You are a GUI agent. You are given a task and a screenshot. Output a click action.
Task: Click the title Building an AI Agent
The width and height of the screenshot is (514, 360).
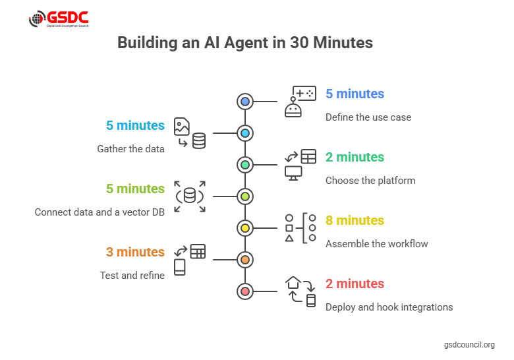pyautogui.click(x=245, y=43)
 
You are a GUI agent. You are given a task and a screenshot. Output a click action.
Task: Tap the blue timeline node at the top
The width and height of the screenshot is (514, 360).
pyautogui.click(x=245, y=102)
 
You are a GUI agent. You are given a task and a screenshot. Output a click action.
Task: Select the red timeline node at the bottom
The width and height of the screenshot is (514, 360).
pyautogui.click(x=245, y=291)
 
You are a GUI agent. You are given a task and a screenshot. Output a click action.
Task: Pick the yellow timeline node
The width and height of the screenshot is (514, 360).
pyautogui.click(x=245, y=228)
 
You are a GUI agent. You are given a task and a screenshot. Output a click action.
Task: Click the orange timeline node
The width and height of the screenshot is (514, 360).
pyautogui.click(x=245, y=260)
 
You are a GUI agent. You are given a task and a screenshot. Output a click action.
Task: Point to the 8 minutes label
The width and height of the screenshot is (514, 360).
pyautogui.click(x=355, y=220)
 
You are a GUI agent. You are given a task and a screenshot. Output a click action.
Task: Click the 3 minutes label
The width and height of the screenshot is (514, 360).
pyautogui.click(x=135, y=252)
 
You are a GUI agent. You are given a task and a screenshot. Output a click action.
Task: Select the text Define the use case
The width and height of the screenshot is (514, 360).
pyautogui.click(x=368, y=117)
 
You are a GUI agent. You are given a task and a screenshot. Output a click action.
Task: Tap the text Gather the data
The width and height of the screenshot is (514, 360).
pyautogui.click(x=130, y=149)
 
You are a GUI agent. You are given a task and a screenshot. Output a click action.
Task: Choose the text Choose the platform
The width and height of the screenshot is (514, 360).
pyautogui.click(x=370, y=181)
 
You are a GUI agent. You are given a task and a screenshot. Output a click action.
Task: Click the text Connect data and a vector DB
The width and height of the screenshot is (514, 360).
pyautogui.click(x=100, y=212)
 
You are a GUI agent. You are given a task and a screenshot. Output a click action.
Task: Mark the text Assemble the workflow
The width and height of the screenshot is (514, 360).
pyautogui.click(x=376, y=244)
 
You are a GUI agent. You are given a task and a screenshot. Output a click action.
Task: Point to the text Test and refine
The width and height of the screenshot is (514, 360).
pyautogui.click(x=132, y=276)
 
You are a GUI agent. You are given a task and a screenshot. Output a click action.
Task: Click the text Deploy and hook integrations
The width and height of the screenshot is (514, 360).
pyautogui.click(x=389, y=307)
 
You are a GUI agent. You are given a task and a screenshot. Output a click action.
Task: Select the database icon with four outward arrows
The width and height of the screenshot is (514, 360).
pyautogui.click(x=190, y=196)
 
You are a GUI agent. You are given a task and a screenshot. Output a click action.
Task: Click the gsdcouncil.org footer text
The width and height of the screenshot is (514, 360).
pyautogui.click(x=469, y=345)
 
